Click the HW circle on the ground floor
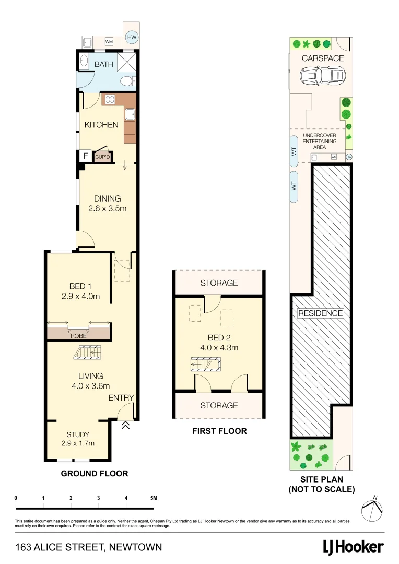point(132,38)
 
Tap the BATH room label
point(103,65)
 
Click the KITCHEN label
point(101,125)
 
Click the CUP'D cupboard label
point(102,157)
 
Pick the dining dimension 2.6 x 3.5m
point(108,208)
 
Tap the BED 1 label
point(80,286)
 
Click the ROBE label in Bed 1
point(78,336)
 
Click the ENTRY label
point(121,398)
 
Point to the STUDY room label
point(78,434)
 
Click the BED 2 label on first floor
point(219,337)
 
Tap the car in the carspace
point(323,76)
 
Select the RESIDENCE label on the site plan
point(321,313)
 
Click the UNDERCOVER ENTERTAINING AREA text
point(320,141)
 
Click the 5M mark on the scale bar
point(153,498)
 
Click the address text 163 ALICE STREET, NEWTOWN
point(89,547)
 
